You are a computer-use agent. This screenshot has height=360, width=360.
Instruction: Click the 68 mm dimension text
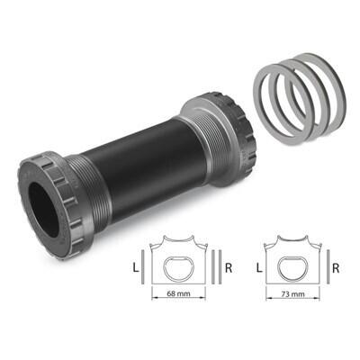[178, 293]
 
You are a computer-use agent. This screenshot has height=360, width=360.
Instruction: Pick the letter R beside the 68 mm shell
[229, 268]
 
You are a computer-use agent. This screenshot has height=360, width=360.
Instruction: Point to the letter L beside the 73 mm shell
[259, 268]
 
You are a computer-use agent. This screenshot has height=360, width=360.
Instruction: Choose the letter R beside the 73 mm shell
[336, 268]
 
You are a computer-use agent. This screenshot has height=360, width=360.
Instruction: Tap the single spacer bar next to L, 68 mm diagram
[143, 267]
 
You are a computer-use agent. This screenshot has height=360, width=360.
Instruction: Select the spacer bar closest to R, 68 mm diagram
[220, 267]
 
